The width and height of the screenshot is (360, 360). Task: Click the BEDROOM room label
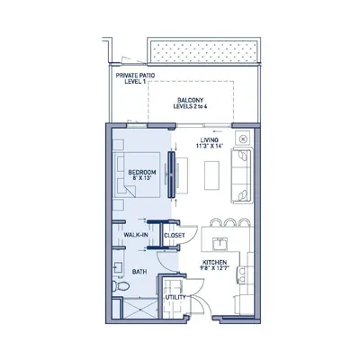tap(142, 173)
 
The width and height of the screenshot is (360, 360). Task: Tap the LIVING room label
tap(210, 140)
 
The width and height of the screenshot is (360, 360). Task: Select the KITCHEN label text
tap(214, 262)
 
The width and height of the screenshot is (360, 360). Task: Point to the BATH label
tap(139, 272)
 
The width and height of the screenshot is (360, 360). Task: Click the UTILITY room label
tap(175, 297)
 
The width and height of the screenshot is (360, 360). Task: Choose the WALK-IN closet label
tap(136, 235)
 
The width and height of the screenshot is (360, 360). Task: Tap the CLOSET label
tap(175, 236)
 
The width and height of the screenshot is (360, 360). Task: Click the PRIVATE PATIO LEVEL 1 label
tap(135, 78)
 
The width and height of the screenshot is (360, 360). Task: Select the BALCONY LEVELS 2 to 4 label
tap(190, 103)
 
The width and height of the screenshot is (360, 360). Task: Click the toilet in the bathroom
tap(121, 286)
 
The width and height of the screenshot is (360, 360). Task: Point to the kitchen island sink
tap(220, 244)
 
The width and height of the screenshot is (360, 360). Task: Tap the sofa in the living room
tap(242, 175)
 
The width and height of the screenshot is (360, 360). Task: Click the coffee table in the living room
tap(211, 175)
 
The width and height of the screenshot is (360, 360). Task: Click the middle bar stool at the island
tap(230, 222)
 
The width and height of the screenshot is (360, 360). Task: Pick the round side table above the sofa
tap(244, 139)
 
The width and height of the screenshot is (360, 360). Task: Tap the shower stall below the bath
tap(140, 308)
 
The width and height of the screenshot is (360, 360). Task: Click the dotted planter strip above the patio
tap(203, 51)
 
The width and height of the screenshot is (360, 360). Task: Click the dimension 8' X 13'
tap(141, 178)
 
